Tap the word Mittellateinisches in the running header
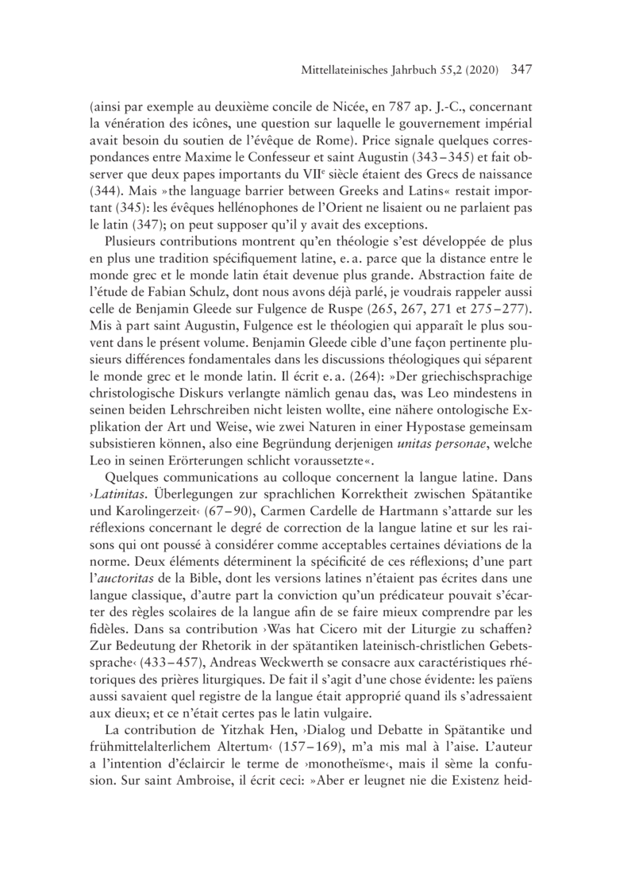(345, 71)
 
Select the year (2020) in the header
(480, 71)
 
